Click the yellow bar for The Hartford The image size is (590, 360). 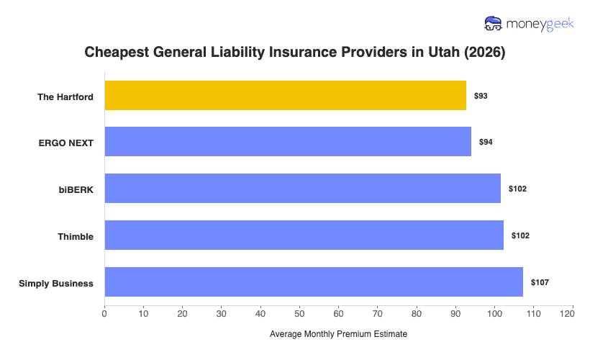click(x=285, y=96)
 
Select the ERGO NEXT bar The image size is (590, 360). click(x=288, y=142)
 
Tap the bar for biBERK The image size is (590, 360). click(x=302, y=189)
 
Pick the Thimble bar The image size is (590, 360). click(x=304, y=235)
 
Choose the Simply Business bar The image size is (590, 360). click(x=314, y=282)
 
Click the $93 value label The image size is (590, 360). click(x=481, y=96)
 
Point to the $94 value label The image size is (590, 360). click(x=486, y=142)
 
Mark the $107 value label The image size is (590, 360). click(x=540, y=282)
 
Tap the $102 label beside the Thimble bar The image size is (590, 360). click(x=520, y=235)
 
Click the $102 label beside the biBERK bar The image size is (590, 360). click(x=517, y=189)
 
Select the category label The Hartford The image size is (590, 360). click(x=65, y=96)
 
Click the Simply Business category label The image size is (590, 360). click(x=56, y=283)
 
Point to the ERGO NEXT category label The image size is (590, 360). click(x=66, y=143)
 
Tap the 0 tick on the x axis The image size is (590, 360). click(x=104, y=313)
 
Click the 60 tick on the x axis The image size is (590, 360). click(x=338, y=313)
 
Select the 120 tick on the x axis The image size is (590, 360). click(x=572, y=313)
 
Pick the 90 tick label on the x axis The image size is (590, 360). click(x=455, y=313)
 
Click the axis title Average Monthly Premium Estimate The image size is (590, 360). click(x=338, y=335)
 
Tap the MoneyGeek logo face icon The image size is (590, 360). click(x=494, y=24)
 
